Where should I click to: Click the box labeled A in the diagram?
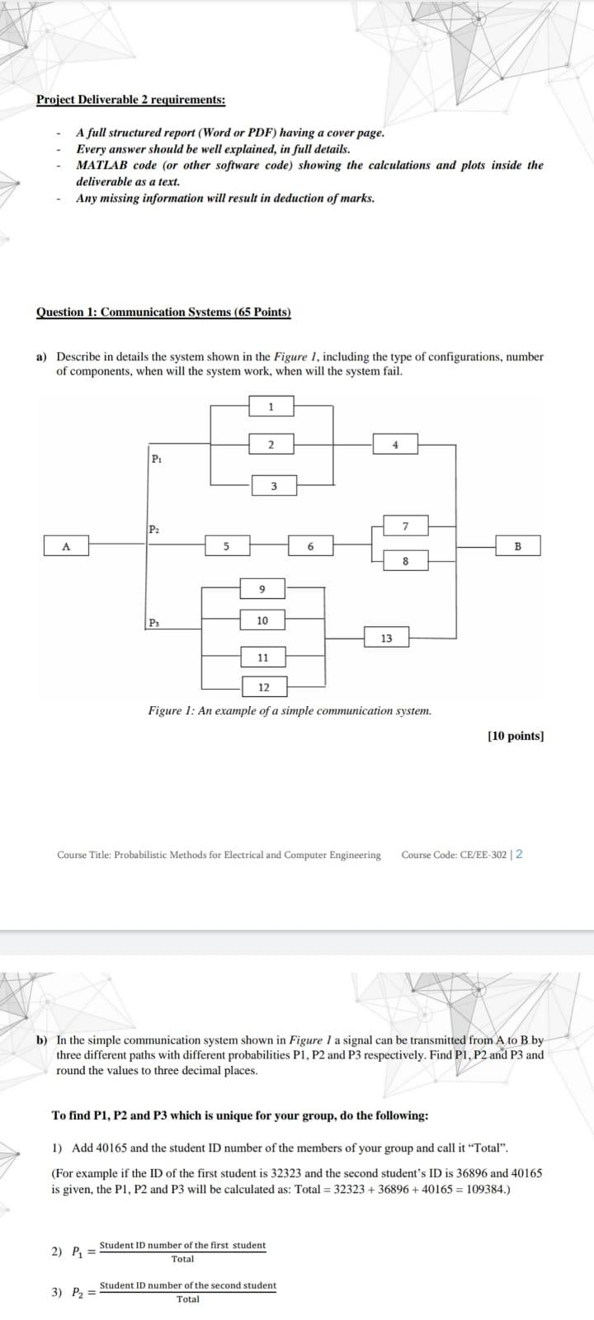(x=67, y=545)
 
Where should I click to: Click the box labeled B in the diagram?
(x=518, y=545)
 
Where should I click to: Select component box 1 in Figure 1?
(x=271, y=407)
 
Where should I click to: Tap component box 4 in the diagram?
(x=395, y=445)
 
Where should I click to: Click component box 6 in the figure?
(x=310, y=545)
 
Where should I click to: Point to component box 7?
(x=405, y=526)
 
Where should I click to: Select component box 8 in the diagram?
(x=405, y=562)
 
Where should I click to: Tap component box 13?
(x=386, y=638)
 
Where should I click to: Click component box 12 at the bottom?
(x=263, y=687)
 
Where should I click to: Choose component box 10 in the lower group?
(x=262, y=620)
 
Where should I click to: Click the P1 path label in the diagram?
(x=157, y=459)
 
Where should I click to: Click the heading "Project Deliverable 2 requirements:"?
(x=130, y=100)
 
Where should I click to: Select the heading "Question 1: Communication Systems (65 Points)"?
(x=163, y=312)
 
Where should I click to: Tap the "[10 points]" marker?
(x=516, y=736)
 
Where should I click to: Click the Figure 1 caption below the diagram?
(x=289, y=710)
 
